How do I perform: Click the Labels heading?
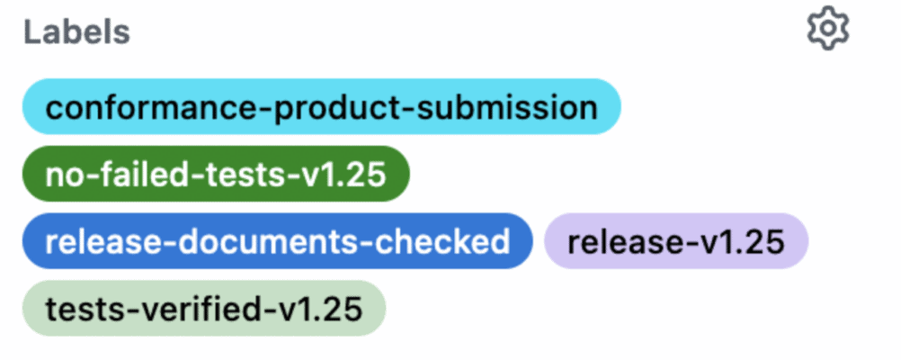click(76, 32)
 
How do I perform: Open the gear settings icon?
click(827, 30)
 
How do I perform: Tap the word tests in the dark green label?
click(237, 174)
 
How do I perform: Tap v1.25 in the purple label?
click(738, 241)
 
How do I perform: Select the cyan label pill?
click(321, 107)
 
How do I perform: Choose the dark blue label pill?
click(278, 241)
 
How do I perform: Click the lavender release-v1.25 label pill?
click(676, 241)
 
